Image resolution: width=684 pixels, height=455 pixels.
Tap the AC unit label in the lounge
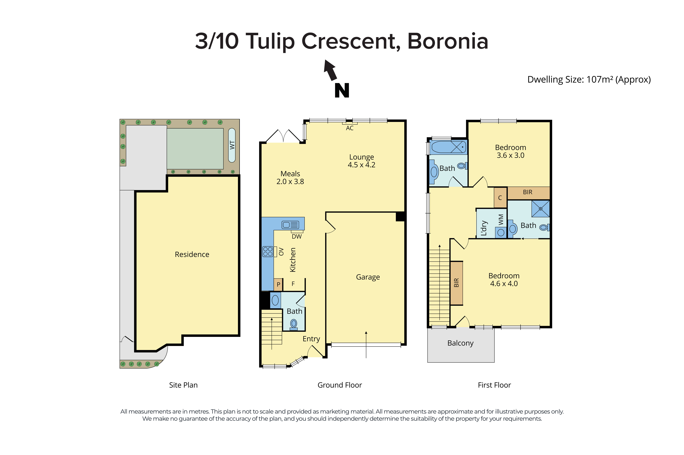(350, 128)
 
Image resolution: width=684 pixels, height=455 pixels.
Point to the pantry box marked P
(278, 284)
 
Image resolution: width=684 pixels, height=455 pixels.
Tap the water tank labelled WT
(232, 145)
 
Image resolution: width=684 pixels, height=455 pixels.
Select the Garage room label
(368, 277)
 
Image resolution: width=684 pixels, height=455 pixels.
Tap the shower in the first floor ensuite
(540, 209)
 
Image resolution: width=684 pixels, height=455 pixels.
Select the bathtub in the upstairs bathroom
(449, 147)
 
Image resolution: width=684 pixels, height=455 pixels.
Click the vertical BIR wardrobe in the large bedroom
(456, 283)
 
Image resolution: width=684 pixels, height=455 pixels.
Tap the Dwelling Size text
(589, 80)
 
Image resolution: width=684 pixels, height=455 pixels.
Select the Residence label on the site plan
(192, 254)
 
